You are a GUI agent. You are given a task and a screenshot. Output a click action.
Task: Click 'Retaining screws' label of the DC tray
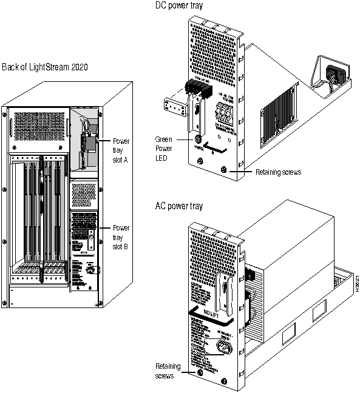point(277,172)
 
